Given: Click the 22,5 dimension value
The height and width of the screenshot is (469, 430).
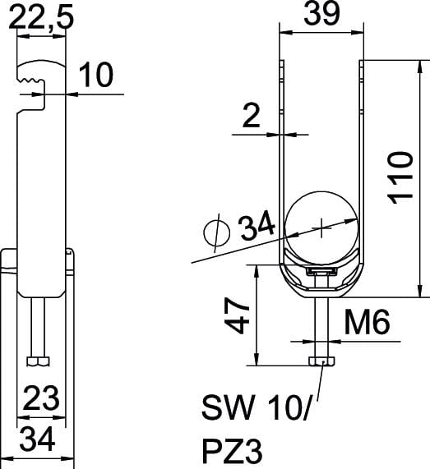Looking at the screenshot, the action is [x=41, y=17].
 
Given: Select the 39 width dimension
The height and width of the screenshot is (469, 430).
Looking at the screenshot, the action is [x=322, y=14].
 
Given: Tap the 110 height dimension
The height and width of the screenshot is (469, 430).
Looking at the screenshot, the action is [x=400, y=178].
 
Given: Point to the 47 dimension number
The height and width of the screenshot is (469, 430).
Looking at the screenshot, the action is [x=237, y=316].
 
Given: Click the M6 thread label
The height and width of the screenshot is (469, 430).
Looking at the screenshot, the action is [x=368, y=322].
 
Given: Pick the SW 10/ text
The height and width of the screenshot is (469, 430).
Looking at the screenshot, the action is [x=256, y=407].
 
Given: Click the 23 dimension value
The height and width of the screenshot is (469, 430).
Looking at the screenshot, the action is [x=41, y=398].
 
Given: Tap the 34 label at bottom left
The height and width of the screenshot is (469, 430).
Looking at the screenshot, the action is [x=38, y=439].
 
